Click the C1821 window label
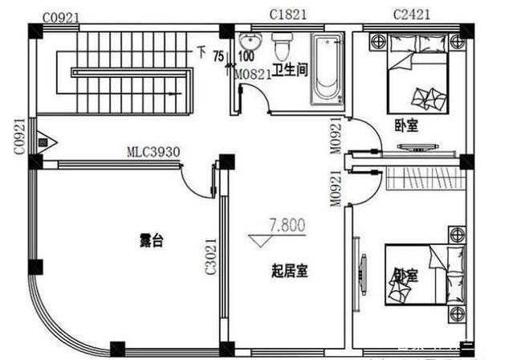click(x=286, y=14)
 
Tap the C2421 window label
click(x=412, y=14)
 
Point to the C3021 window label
click(x=210, y=256)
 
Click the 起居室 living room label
click(x=289, y=272)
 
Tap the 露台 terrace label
click(x=152, y=239)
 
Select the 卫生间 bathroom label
click(x=290, y=69)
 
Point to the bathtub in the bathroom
click(x=328, y=71)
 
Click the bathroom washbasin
click(x=250, y=43)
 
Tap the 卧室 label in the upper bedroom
click(x=405, y=126)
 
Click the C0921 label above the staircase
click(x=61, y=17)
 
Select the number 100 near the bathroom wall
click(x=246, y=56)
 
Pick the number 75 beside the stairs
click(x=218, y=56)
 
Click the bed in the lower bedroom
click(x=414, y=274)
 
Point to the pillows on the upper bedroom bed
click(x=425, y=97)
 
